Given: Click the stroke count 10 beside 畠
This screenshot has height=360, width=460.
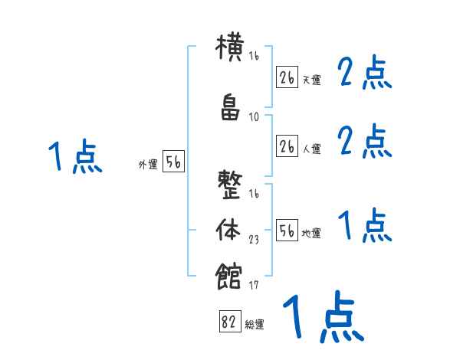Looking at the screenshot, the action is point(255,116).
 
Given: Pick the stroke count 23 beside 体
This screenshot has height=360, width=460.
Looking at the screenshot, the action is point(255,239).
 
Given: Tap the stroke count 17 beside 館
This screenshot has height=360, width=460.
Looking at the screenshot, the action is point(255,286).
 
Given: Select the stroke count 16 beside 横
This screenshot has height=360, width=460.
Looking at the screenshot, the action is point(255,57).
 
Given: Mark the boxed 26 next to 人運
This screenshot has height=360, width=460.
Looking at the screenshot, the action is point(287,146).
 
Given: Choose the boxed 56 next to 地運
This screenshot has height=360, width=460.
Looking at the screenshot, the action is point(287,231).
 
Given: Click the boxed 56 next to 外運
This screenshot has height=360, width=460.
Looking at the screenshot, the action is point(172,163).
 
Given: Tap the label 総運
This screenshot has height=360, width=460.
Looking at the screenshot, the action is point(254,325).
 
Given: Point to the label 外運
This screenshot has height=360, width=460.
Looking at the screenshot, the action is point(147,165).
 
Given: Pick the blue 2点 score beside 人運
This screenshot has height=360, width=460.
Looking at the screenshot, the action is point(365,141).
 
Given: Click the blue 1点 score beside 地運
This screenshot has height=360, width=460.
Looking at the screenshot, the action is point(365,226).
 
